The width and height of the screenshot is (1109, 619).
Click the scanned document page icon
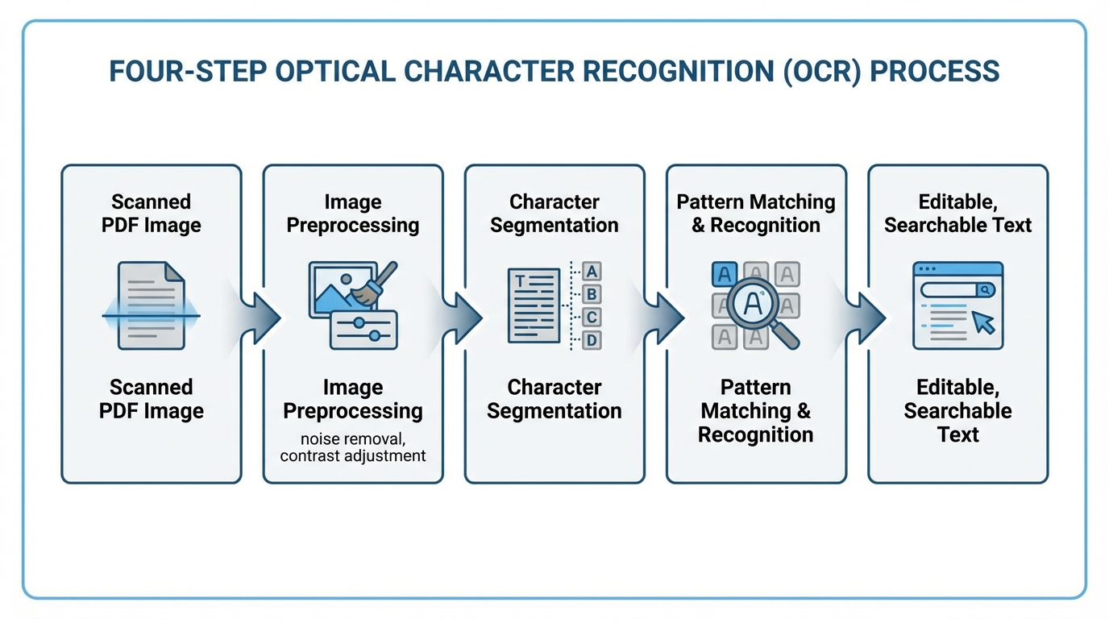151,305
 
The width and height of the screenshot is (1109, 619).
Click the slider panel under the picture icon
363,330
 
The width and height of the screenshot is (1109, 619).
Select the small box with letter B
592,294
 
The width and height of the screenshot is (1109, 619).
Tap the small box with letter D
592,340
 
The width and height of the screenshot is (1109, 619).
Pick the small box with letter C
592,318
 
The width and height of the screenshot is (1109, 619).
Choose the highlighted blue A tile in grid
725,275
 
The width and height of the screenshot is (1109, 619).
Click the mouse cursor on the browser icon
983,322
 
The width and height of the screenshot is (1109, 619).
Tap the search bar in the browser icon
957,289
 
